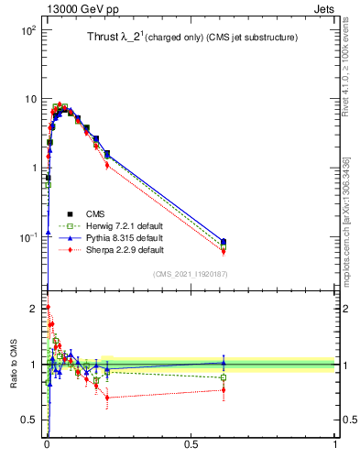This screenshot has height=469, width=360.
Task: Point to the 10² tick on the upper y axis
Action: [x=27, y=30]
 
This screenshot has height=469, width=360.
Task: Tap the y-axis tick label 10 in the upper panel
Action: [x=29, y=99]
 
